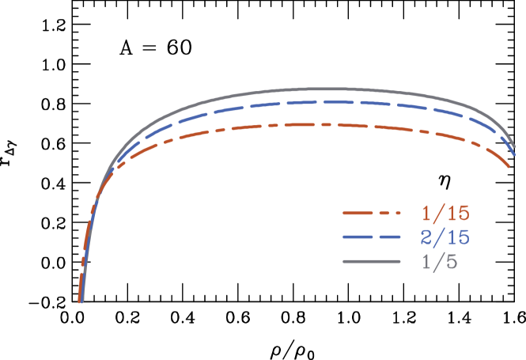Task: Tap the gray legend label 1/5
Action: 440,262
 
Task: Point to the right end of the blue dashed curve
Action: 515,156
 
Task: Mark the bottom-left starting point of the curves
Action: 80,301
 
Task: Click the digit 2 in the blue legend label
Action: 427,237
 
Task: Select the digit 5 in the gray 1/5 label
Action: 452,262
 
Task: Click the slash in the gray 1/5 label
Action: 440,262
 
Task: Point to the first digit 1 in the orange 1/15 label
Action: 427,213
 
